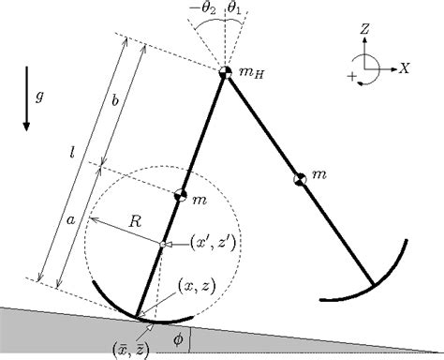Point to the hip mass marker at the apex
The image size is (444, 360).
(x=226, y=72)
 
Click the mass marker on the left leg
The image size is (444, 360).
(x=183, y=195)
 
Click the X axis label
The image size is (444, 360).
(x=404, y=68)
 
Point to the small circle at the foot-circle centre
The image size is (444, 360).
(x=162, y=246)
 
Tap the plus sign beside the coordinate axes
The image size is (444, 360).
(x=352, y=75)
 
